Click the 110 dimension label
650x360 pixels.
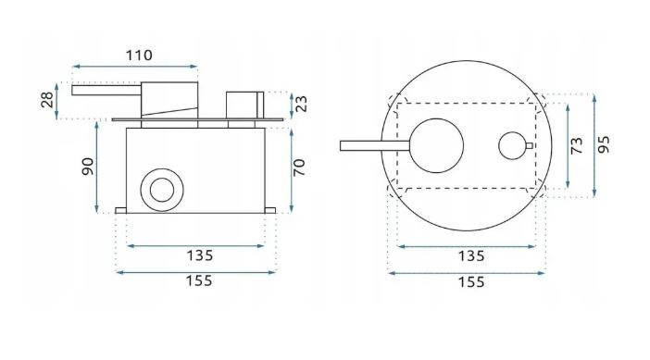139,56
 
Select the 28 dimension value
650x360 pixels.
47,100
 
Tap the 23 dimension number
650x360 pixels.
302,104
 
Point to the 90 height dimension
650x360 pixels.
87,167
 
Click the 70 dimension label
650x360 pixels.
298,168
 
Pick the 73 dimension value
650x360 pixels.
576,146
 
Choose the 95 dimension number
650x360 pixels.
604,144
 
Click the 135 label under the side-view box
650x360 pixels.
199,255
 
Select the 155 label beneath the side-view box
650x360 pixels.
199,281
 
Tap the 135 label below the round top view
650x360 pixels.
471,256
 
